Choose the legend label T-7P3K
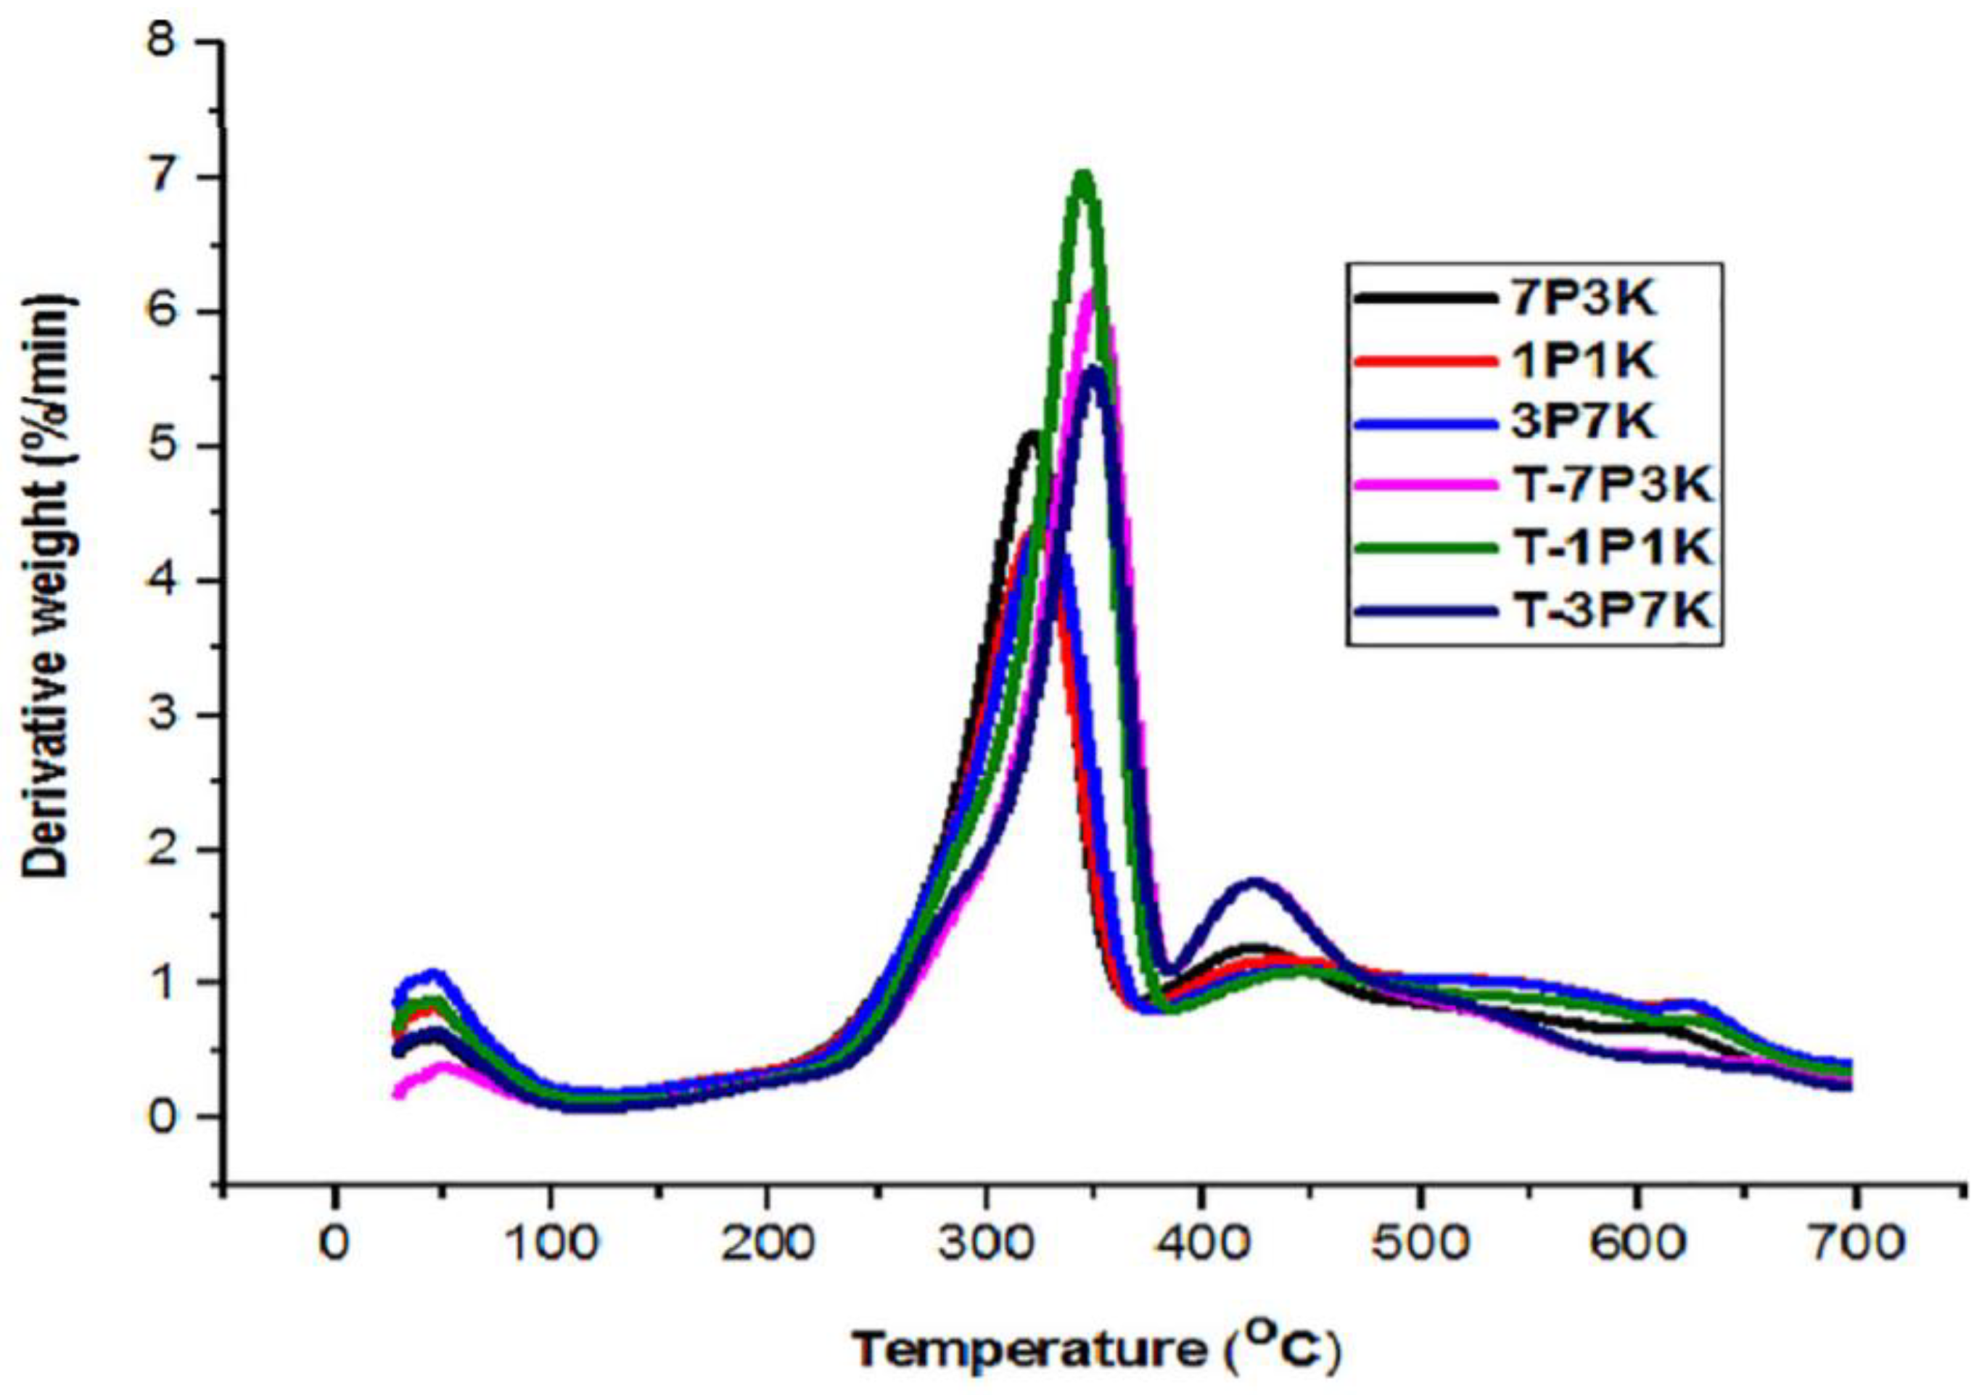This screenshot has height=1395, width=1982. [x=1613, y=486]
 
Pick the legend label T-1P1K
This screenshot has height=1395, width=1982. [x=1613, y=548]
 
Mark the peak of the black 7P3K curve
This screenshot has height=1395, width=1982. [x=1030, y=436]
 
